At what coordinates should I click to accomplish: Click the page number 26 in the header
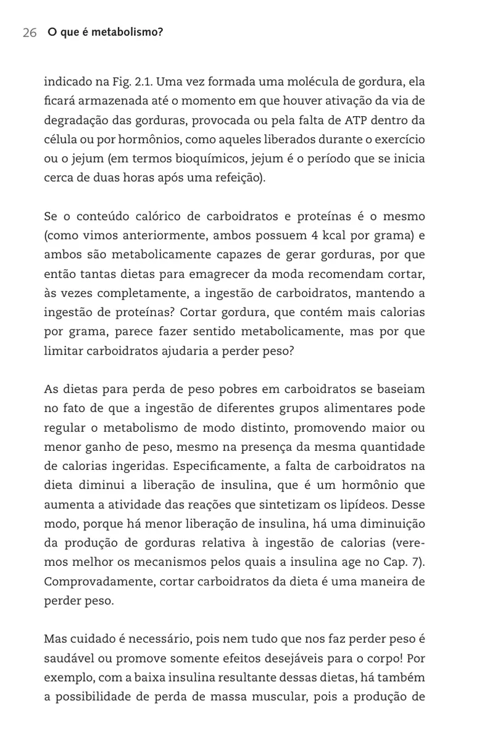coord(30,33)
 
